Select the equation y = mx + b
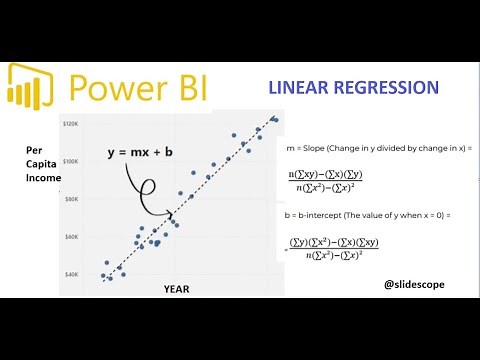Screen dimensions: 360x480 [x=147, y=152]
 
